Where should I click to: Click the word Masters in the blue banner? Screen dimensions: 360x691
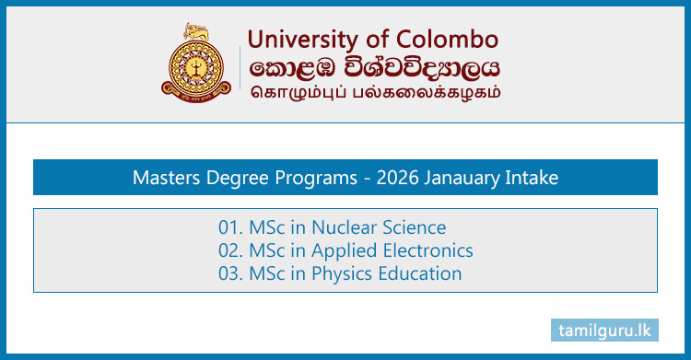click(164, 178)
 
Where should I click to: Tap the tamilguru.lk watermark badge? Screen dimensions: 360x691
click(607, 329)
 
